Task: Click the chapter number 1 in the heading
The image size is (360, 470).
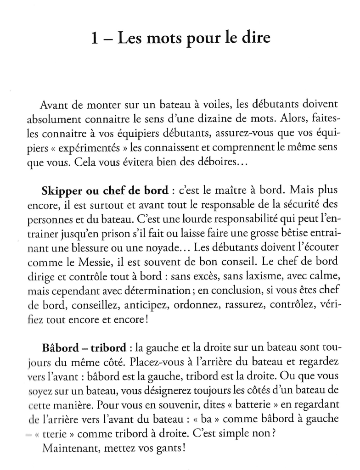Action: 95,38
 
